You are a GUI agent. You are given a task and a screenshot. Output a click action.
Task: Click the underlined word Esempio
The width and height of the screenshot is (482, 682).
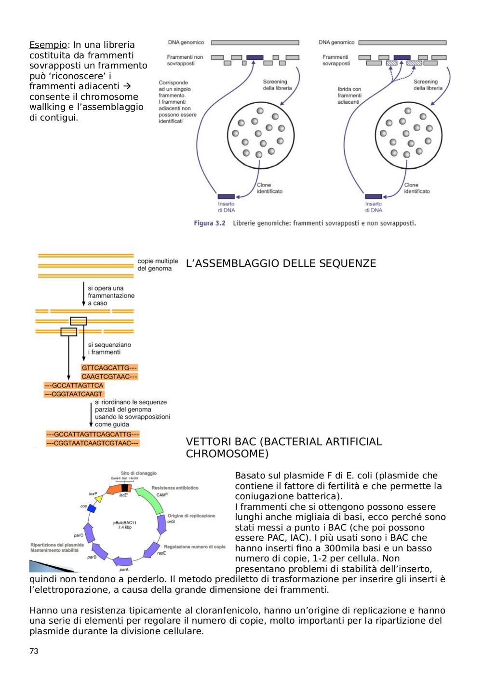click(48, 45)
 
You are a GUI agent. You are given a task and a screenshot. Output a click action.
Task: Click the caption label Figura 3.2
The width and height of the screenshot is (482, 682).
click(210, 223)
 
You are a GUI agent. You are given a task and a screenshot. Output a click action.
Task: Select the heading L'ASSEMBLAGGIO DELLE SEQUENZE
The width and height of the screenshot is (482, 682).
click(281, 263)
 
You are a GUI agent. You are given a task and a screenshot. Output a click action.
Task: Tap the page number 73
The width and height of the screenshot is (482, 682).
click(34, 651)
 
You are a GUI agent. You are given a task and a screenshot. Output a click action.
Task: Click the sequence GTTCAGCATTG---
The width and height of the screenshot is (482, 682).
click(109, 368)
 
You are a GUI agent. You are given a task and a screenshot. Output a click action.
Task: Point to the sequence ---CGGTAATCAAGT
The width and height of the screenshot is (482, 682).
click(74, 394)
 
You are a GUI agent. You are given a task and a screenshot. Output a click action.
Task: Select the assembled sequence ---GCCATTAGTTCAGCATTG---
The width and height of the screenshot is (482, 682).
click(93, 434)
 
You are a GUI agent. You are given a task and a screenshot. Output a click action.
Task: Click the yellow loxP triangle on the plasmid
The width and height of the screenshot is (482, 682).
click(99, 498)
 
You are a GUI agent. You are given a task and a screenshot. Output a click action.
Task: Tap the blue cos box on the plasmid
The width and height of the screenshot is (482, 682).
click(92, 508)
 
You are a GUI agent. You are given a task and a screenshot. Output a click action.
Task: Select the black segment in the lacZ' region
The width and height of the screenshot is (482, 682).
click(124, 488)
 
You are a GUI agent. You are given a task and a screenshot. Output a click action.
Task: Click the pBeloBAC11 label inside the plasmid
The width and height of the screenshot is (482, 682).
click(125, 523)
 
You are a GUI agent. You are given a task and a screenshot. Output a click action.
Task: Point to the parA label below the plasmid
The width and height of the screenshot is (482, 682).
click(124, 570)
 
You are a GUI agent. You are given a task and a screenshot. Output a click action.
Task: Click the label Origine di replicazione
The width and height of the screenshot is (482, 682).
click(191, 516)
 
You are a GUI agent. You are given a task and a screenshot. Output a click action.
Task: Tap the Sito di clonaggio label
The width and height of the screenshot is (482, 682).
click(139, 473)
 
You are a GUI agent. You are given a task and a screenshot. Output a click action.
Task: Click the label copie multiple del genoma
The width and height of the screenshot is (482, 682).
click(158, 265)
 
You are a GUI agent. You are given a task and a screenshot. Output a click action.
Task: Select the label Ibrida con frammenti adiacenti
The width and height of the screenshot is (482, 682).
click(349, 95)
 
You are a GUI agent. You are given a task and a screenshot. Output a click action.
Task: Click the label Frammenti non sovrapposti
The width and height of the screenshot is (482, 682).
click(185, 60)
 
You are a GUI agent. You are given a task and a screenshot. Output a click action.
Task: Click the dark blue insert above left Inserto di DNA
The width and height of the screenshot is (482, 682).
click(226, 196)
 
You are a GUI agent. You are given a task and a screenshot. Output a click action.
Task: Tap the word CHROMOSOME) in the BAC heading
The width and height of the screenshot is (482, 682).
click(228, 454)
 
